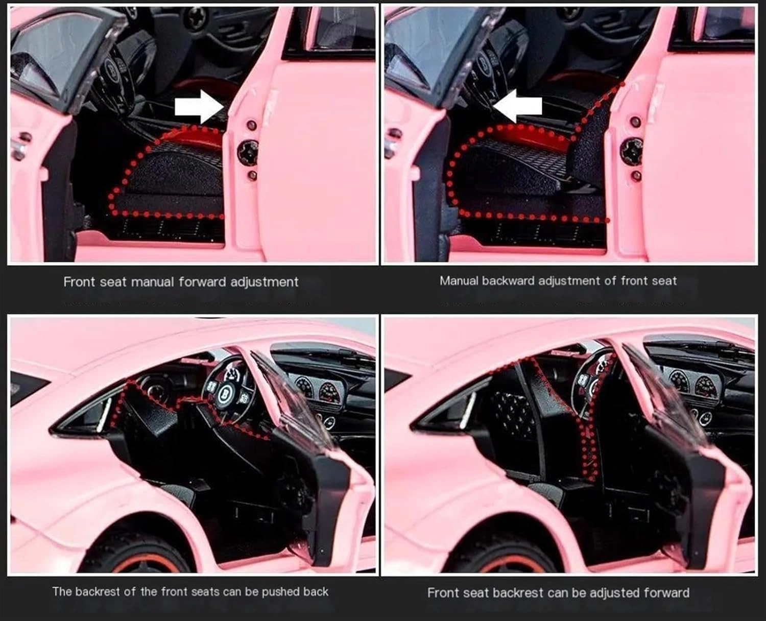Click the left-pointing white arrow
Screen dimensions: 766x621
point(517,106)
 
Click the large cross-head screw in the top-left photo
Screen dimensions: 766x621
point(248,151)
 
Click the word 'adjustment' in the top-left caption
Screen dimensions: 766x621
point(265,282)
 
